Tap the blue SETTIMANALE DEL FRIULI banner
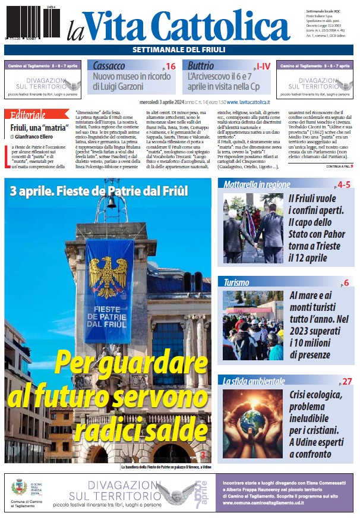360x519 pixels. coord(178,49)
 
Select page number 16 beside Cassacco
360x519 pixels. coord(170,67)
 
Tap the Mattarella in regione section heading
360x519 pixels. coord(257,185)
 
